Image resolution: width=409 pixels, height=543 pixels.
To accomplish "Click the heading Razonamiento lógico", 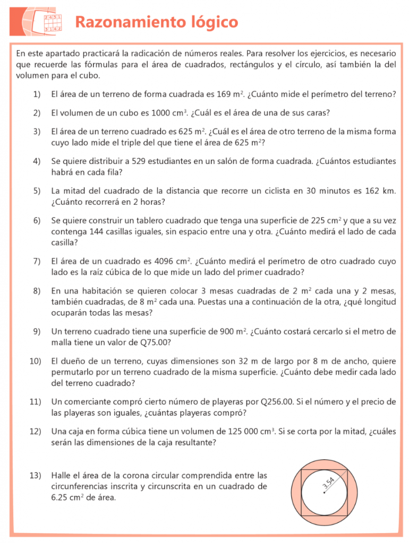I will (156, 22).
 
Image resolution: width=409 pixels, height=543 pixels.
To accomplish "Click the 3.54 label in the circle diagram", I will (328, 483).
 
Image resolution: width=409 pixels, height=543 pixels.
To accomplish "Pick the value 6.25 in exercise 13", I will (59, 498).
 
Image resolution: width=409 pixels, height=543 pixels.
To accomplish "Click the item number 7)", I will (37, 261).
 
